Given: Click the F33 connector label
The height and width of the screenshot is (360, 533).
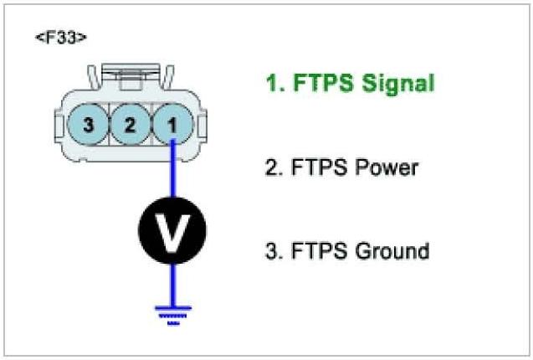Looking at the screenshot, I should point(62,39).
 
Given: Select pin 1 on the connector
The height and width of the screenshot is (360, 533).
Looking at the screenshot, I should point(172,126).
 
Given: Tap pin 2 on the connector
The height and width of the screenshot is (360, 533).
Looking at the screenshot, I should point(129,126).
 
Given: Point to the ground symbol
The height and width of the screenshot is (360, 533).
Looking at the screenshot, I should point(172,312).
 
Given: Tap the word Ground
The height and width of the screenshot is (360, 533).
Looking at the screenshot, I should point(389,251).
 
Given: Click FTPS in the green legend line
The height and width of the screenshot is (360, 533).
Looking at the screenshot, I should point(317,84).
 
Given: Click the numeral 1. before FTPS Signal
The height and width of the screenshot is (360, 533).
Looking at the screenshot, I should point(273,84).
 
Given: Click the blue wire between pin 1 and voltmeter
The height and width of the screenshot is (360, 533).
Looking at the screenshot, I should point(172,172).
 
